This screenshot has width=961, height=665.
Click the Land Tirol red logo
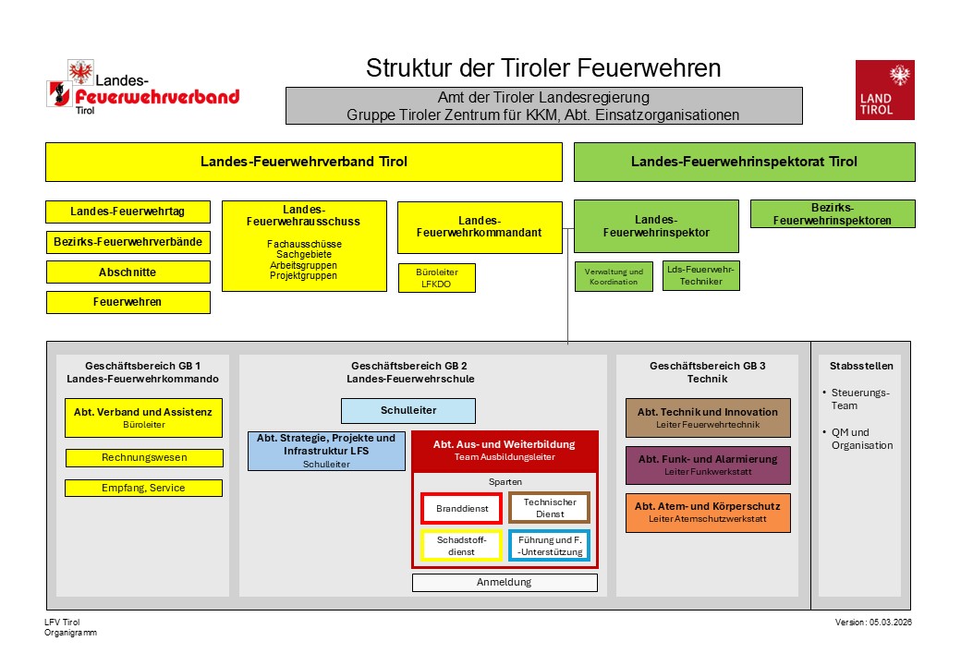coord(884,90)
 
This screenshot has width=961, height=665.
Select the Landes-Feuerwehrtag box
coord(128,212)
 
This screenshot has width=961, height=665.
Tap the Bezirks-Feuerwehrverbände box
coord(128,242)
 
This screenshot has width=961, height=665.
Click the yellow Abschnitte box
coord(128,272)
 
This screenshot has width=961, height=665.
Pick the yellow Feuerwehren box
coord(128,302)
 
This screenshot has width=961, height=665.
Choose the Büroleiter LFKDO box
coord(438,278)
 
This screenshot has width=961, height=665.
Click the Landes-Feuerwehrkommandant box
coord(480,227)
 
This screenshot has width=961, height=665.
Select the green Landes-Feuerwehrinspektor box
coord(656,226)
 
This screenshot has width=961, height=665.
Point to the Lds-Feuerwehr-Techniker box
coord(700,275)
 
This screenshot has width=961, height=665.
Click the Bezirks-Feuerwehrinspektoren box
coord(833,214)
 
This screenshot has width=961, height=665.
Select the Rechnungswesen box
coord(144,457)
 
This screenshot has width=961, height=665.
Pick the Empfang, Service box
coord(144,488)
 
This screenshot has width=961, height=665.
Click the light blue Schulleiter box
coord(408,410)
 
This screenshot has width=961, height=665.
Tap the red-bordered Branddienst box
coord(462,509)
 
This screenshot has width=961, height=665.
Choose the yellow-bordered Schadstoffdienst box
coord(462,546)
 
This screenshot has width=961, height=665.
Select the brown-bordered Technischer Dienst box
coord(550,508)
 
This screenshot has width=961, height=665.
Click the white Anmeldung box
coord(505,583)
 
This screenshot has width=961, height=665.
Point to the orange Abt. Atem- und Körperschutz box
coord(708,513)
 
